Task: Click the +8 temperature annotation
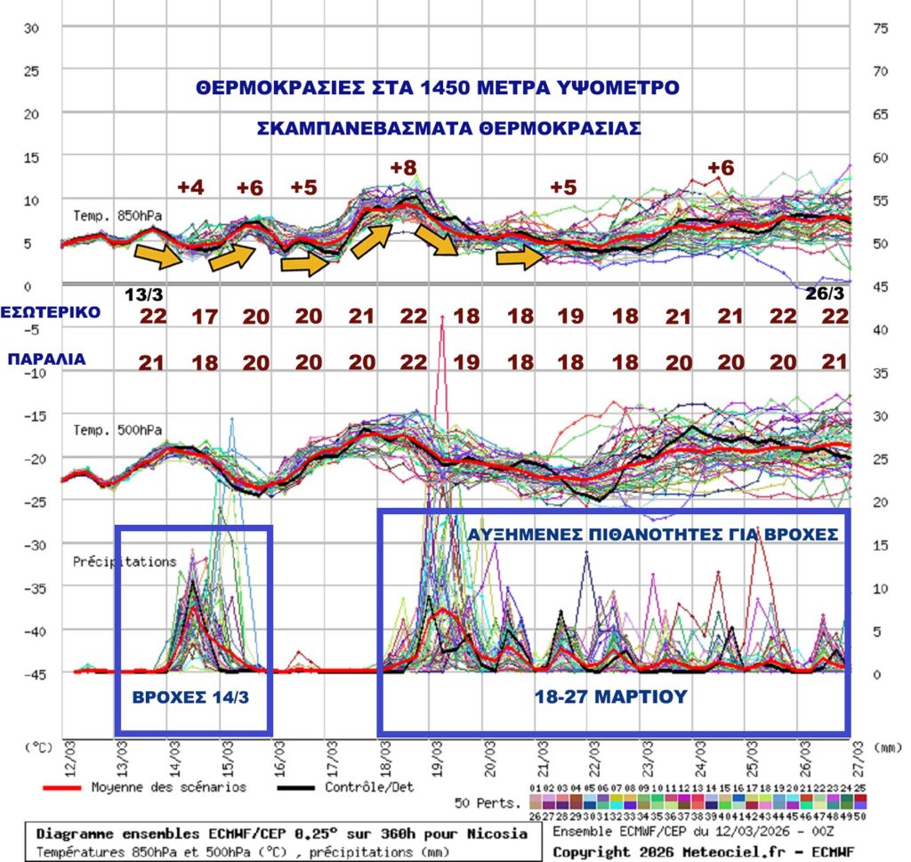coord(404,166)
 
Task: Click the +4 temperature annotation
coord(191,188)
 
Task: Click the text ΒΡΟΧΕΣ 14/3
coord(192,697)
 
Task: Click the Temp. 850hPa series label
coord(118,216)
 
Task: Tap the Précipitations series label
coord(125,561)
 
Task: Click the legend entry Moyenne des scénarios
coord(168,786)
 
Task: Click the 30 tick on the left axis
coord(32,28)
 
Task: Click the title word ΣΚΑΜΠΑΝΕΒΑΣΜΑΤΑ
coord(366,127)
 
